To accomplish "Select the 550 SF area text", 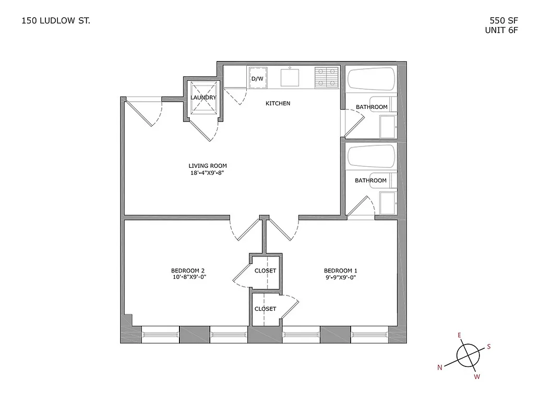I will click(503, 21).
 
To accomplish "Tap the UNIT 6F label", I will click(501, 30).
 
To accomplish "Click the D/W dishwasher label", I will click(257, 79).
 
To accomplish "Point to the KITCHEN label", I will click(278, 103).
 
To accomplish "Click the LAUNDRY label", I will click(203, 97).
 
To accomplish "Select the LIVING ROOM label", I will click(208, 166).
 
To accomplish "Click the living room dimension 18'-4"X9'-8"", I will click(208, 173).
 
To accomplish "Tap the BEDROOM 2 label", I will click(188, 270).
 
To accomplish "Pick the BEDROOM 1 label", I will click(340, 270).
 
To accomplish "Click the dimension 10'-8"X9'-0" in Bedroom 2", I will click(188, 277).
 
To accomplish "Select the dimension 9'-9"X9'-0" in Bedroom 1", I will click(340, 277).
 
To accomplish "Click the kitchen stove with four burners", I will click(327, 77).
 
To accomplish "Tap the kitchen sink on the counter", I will click(290, 78).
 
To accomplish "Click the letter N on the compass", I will click(440, 367).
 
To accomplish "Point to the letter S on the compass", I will click(489, 346).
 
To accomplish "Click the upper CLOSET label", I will click(265, 271).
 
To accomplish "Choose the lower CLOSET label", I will click(265, 309).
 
